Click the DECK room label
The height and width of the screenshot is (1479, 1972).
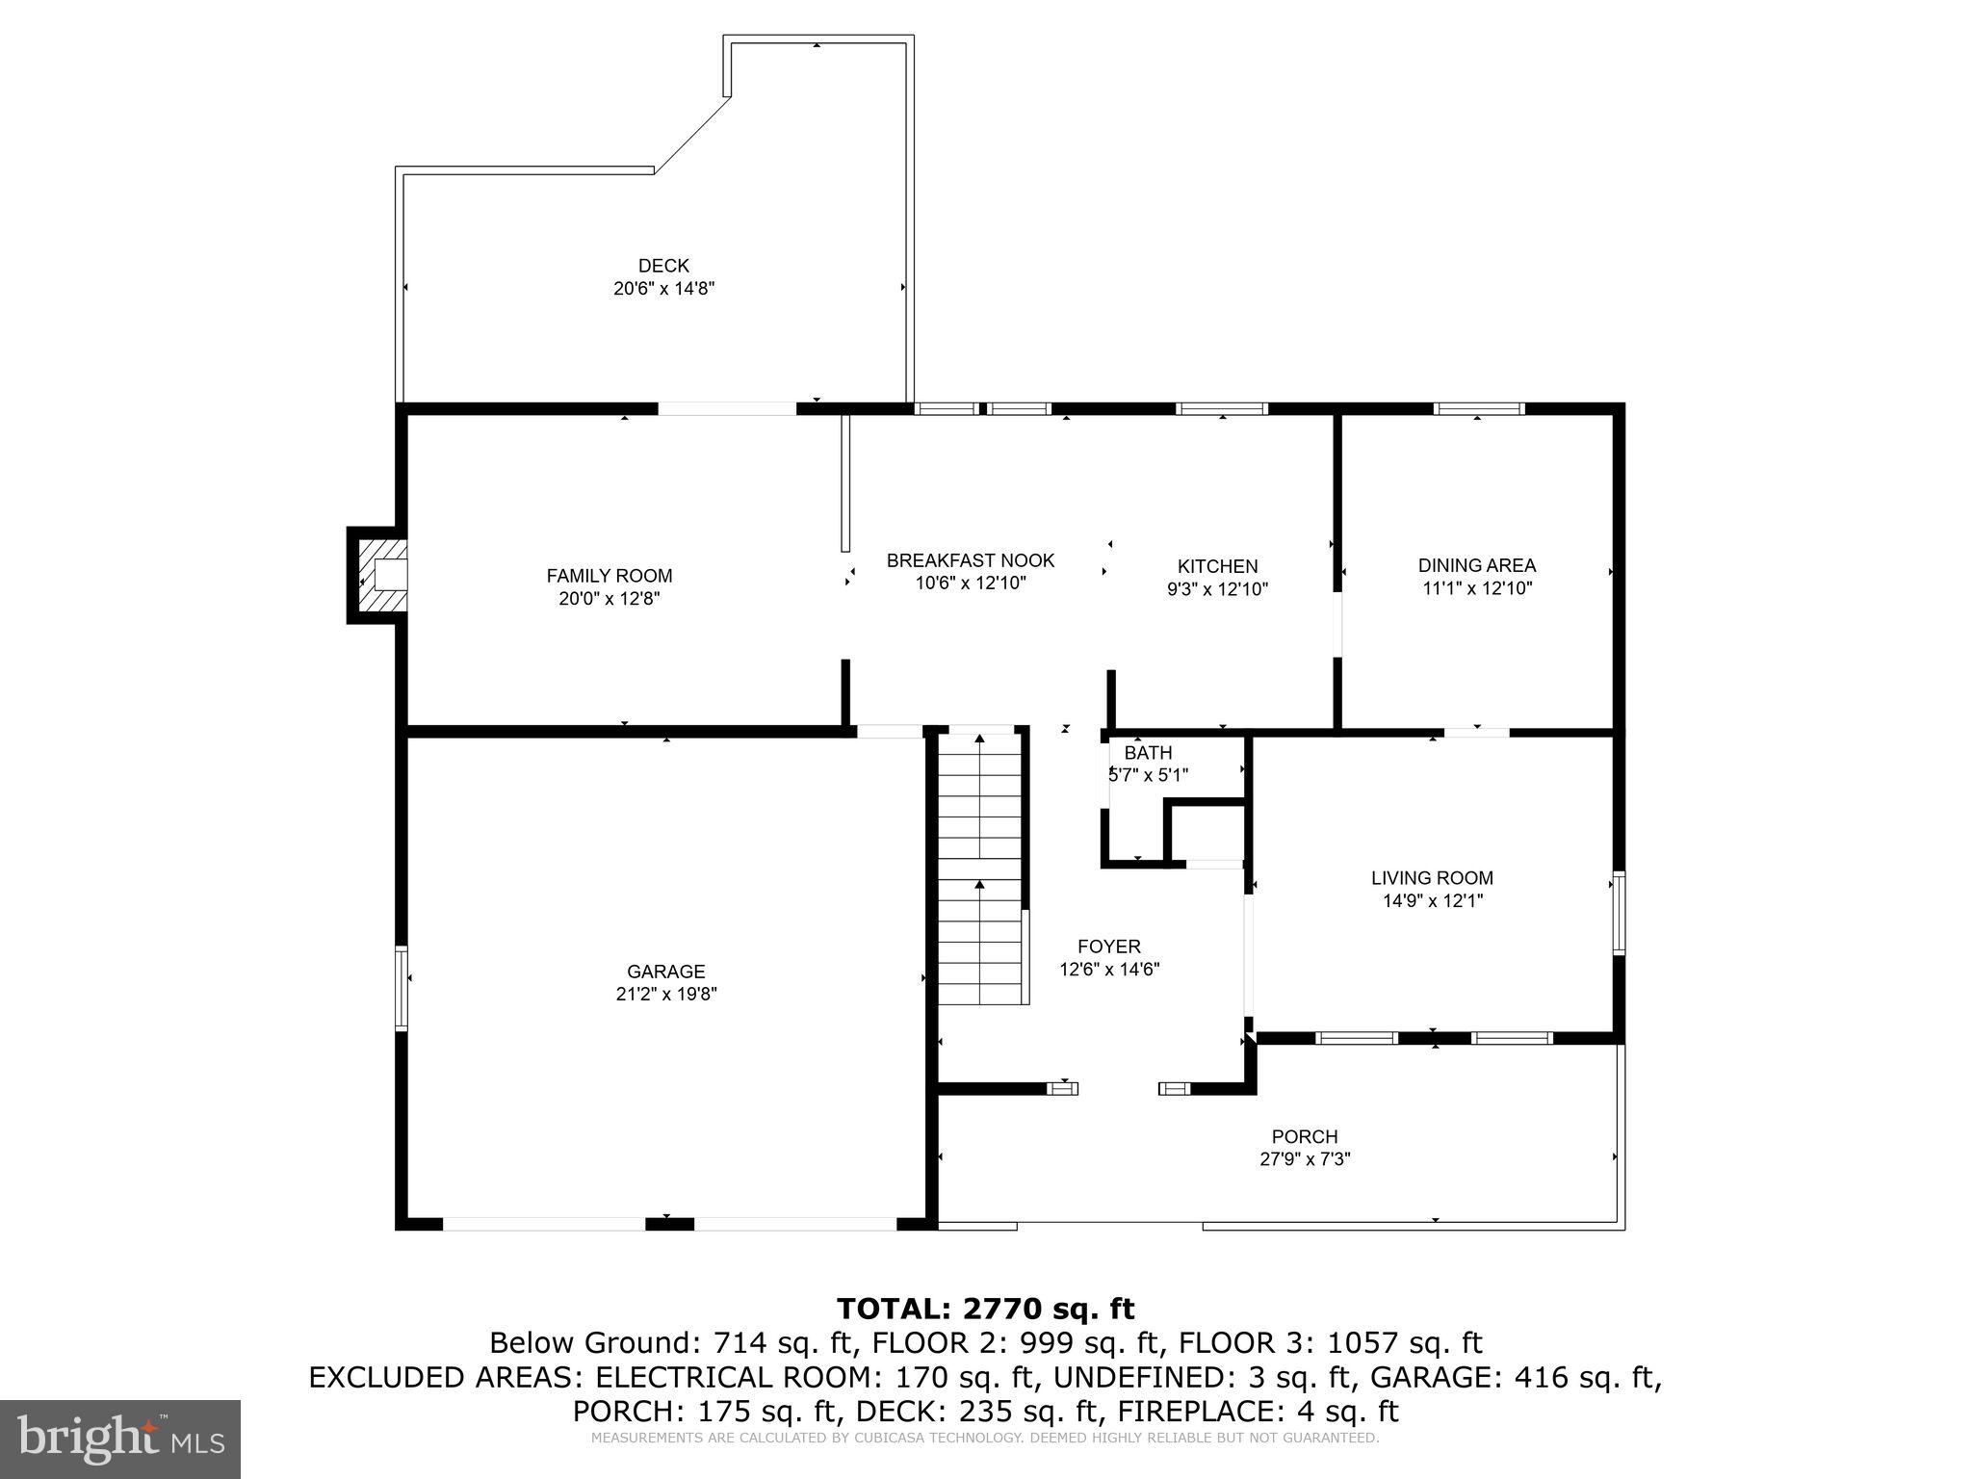point(663,266)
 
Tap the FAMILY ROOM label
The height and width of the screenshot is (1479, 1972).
point(610,576)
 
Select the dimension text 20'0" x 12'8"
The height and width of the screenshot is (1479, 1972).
point(610,599)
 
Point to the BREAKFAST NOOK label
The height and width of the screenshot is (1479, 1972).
point(971,560)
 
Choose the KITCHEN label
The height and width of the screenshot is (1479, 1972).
point(1217,566)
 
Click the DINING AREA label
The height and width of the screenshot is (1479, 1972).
point(1476,565)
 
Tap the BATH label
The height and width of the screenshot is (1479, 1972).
point(1148,753)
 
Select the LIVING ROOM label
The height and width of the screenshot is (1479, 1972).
point(1432,878)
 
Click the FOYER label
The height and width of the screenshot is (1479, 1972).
point(1109,947)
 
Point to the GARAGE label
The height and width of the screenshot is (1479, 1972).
point(666,972)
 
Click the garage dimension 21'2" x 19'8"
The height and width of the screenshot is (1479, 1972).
point(666,995)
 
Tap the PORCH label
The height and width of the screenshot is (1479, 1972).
point(1305,1137)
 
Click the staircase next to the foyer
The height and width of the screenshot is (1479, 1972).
point(979,867)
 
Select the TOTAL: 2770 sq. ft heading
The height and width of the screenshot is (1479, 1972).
point(985,1309)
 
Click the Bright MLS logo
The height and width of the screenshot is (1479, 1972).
point(120,1439)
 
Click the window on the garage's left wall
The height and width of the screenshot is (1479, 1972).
point(402,988)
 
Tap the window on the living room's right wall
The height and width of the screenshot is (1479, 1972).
point(1619,913)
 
